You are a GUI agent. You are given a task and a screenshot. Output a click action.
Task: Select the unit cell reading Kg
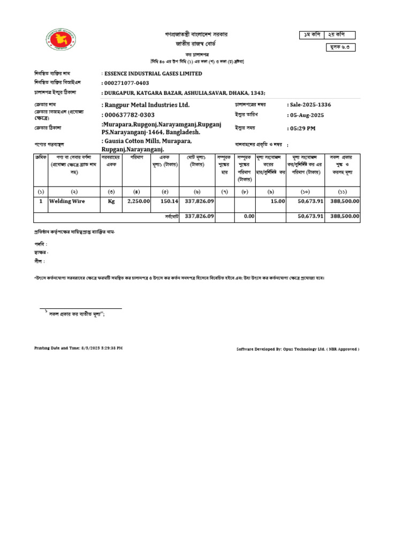pos(111,201)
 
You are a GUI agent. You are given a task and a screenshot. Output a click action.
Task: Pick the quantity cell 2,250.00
pos(138,201)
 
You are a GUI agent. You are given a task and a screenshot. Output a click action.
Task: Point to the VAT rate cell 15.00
pos(277,201)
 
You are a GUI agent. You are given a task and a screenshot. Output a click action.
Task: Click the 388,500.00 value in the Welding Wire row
pos(344,201)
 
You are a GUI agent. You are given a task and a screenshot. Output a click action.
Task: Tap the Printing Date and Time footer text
pos(78,348)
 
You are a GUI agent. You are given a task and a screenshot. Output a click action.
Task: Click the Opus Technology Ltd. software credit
pos(298,348)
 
